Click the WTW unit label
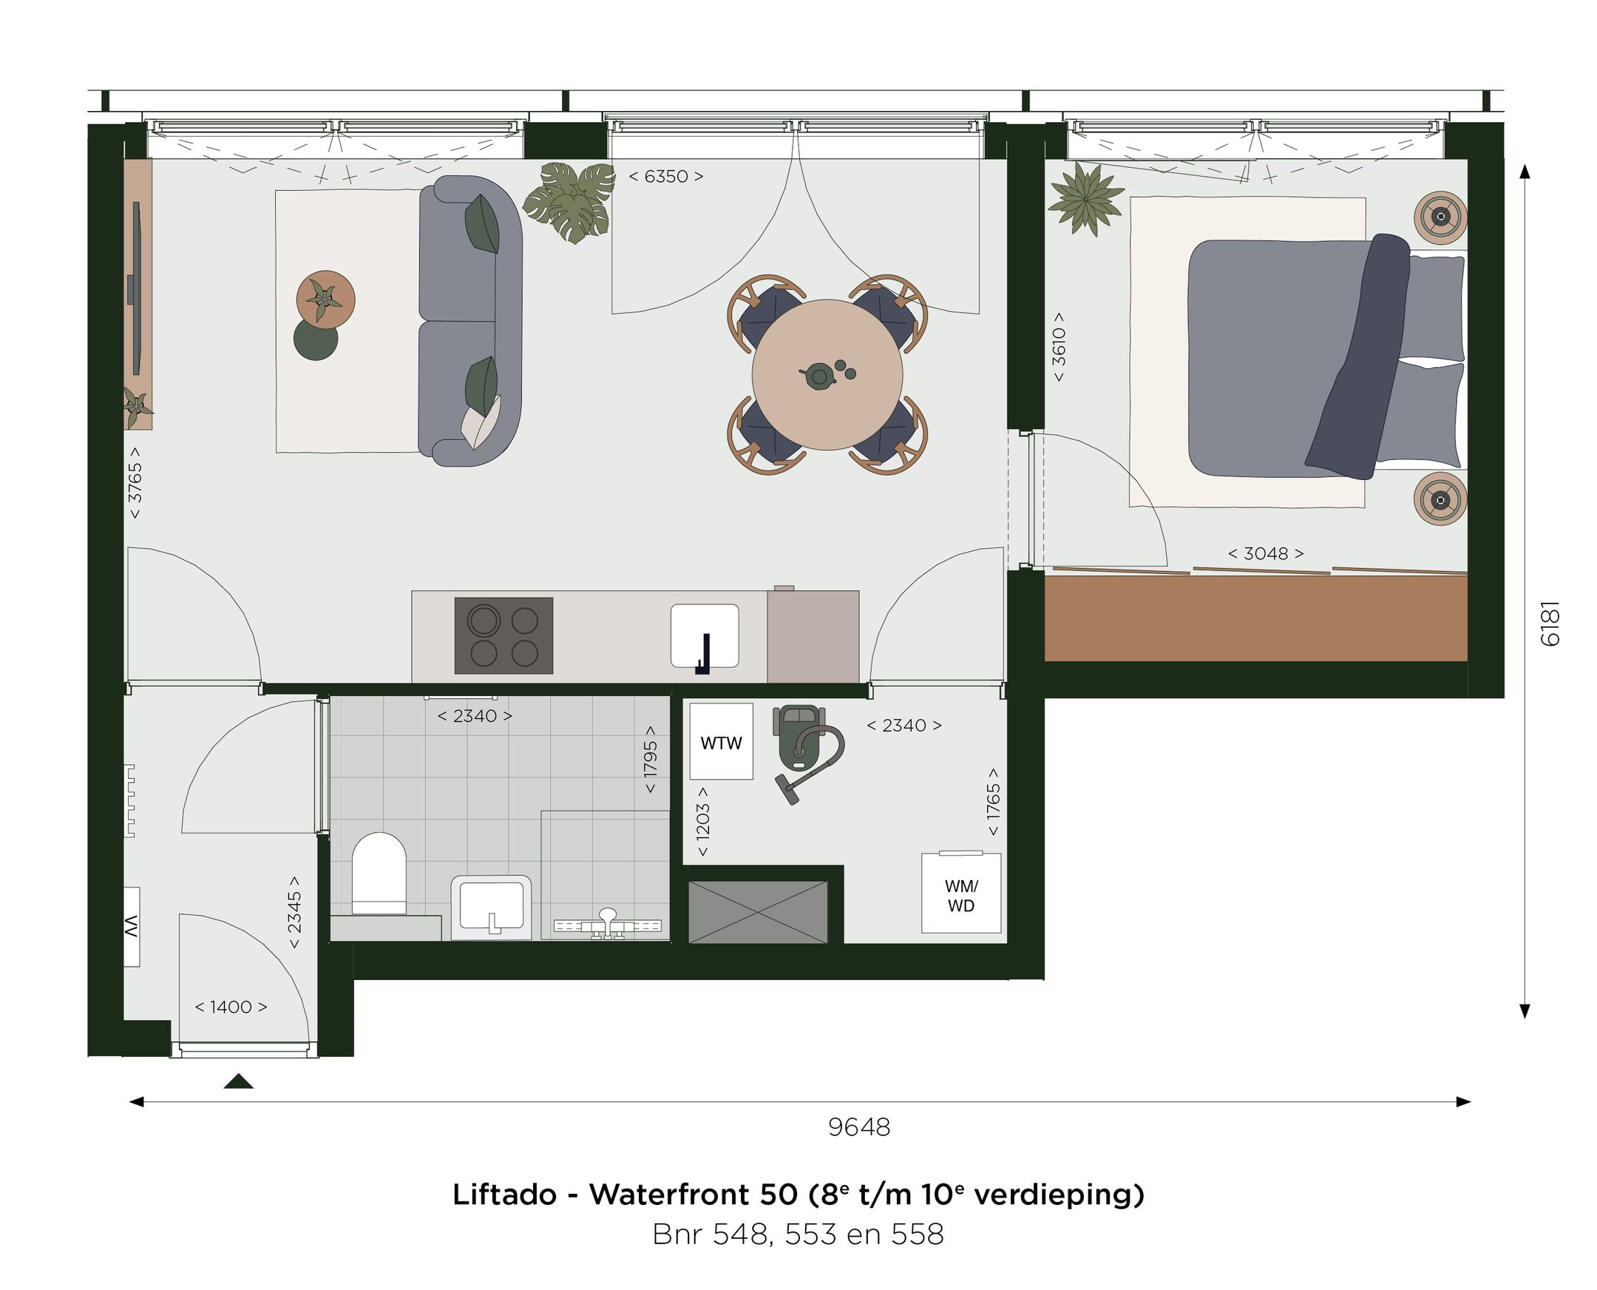tap(721, 743)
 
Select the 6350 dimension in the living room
tap(665, 176)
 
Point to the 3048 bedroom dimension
tap(1265, 553)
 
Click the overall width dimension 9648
tap(858, 1127)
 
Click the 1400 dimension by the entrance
tap(230, 1007)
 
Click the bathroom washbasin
tap(491, 907)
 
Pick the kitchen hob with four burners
tap(503, 635)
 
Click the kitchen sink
tap(704, 635)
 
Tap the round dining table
tap(827, 374)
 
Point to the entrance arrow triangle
tap(238, 1081)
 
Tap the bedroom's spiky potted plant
tap(1086, 198)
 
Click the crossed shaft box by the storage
tap(758, 912)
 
